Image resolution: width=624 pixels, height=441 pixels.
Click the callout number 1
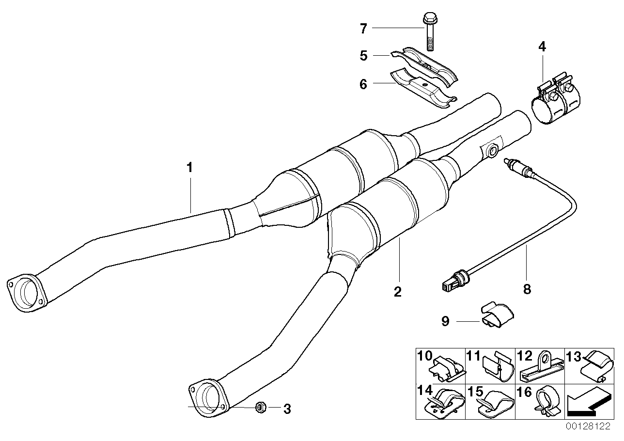[x=190, y=168]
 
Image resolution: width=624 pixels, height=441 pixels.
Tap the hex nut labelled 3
[x=260, y=408]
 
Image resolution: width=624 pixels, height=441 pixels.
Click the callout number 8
[x=527, y=289]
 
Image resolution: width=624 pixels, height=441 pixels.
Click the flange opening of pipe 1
[x=26, y=293]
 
